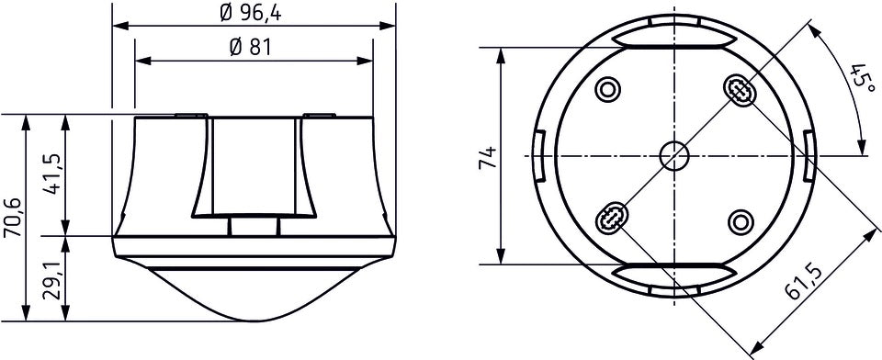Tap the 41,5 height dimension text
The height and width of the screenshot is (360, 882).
52,174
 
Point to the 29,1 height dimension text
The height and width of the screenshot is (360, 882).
52,279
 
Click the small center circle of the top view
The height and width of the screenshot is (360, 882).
674,155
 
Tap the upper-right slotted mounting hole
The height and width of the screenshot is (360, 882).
740,89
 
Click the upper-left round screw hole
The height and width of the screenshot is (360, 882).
608,89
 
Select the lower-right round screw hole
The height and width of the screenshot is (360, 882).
741,221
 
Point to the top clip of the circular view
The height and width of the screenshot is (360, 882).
674,38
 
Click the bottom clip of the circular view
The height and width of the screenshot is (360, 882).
674,273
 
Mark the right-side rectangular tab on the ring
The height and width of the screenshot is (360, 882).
808,155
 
